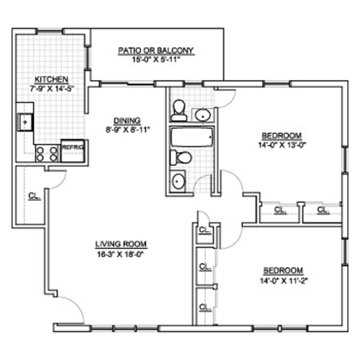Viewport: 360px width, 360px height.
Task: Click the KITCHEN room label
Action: pos(52,79)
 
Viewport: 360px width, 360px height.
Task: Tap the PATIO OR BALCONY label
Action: pos(156,50)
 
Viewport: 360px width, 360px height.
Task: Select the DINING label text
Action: pos(127,120)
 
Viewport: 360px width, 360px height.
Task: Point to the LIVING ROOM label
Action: pos(121,244)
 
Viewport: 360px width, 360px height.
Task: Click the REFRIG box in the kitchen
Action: pos(73,150)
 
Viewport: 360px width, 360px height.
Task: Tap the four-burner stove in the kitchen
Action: pos(47,154)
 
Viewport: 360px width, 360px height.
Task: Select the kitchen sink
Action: pos(25,122)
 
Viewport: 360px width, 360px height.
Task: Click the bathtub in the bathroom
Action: pos(192,137)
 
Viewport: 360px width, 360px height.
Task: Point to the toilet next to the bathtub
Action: pos(181,158)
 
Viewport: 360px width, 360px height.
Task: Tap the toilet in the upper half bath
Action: pos(179,110)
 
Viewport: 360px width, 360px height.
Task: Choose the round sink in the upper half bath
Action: pos(203,115)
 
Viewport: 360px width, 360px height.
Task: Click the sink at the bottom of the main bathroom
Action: pos(178,181)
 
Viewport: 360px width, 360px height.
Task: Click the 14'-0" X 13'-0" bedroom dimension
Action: pos(283,145)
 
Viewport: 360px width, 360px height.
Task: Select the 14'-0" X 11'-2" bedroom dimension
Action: pos(284,281)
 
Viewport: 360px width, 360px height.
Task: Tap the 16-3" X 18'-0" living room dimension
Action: pos(120,254)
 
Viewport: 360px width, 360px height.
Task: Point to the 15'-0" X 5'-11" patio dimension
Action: pos(156,60)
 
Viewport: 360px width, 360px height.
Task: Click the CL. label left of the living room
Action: pos(35,196)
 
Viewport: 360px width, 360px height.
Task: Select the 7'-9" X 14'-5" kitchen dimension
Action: pos(52,89)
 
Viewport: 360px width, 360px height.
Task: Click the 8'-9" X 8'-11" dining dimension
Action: pos(127,130)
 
